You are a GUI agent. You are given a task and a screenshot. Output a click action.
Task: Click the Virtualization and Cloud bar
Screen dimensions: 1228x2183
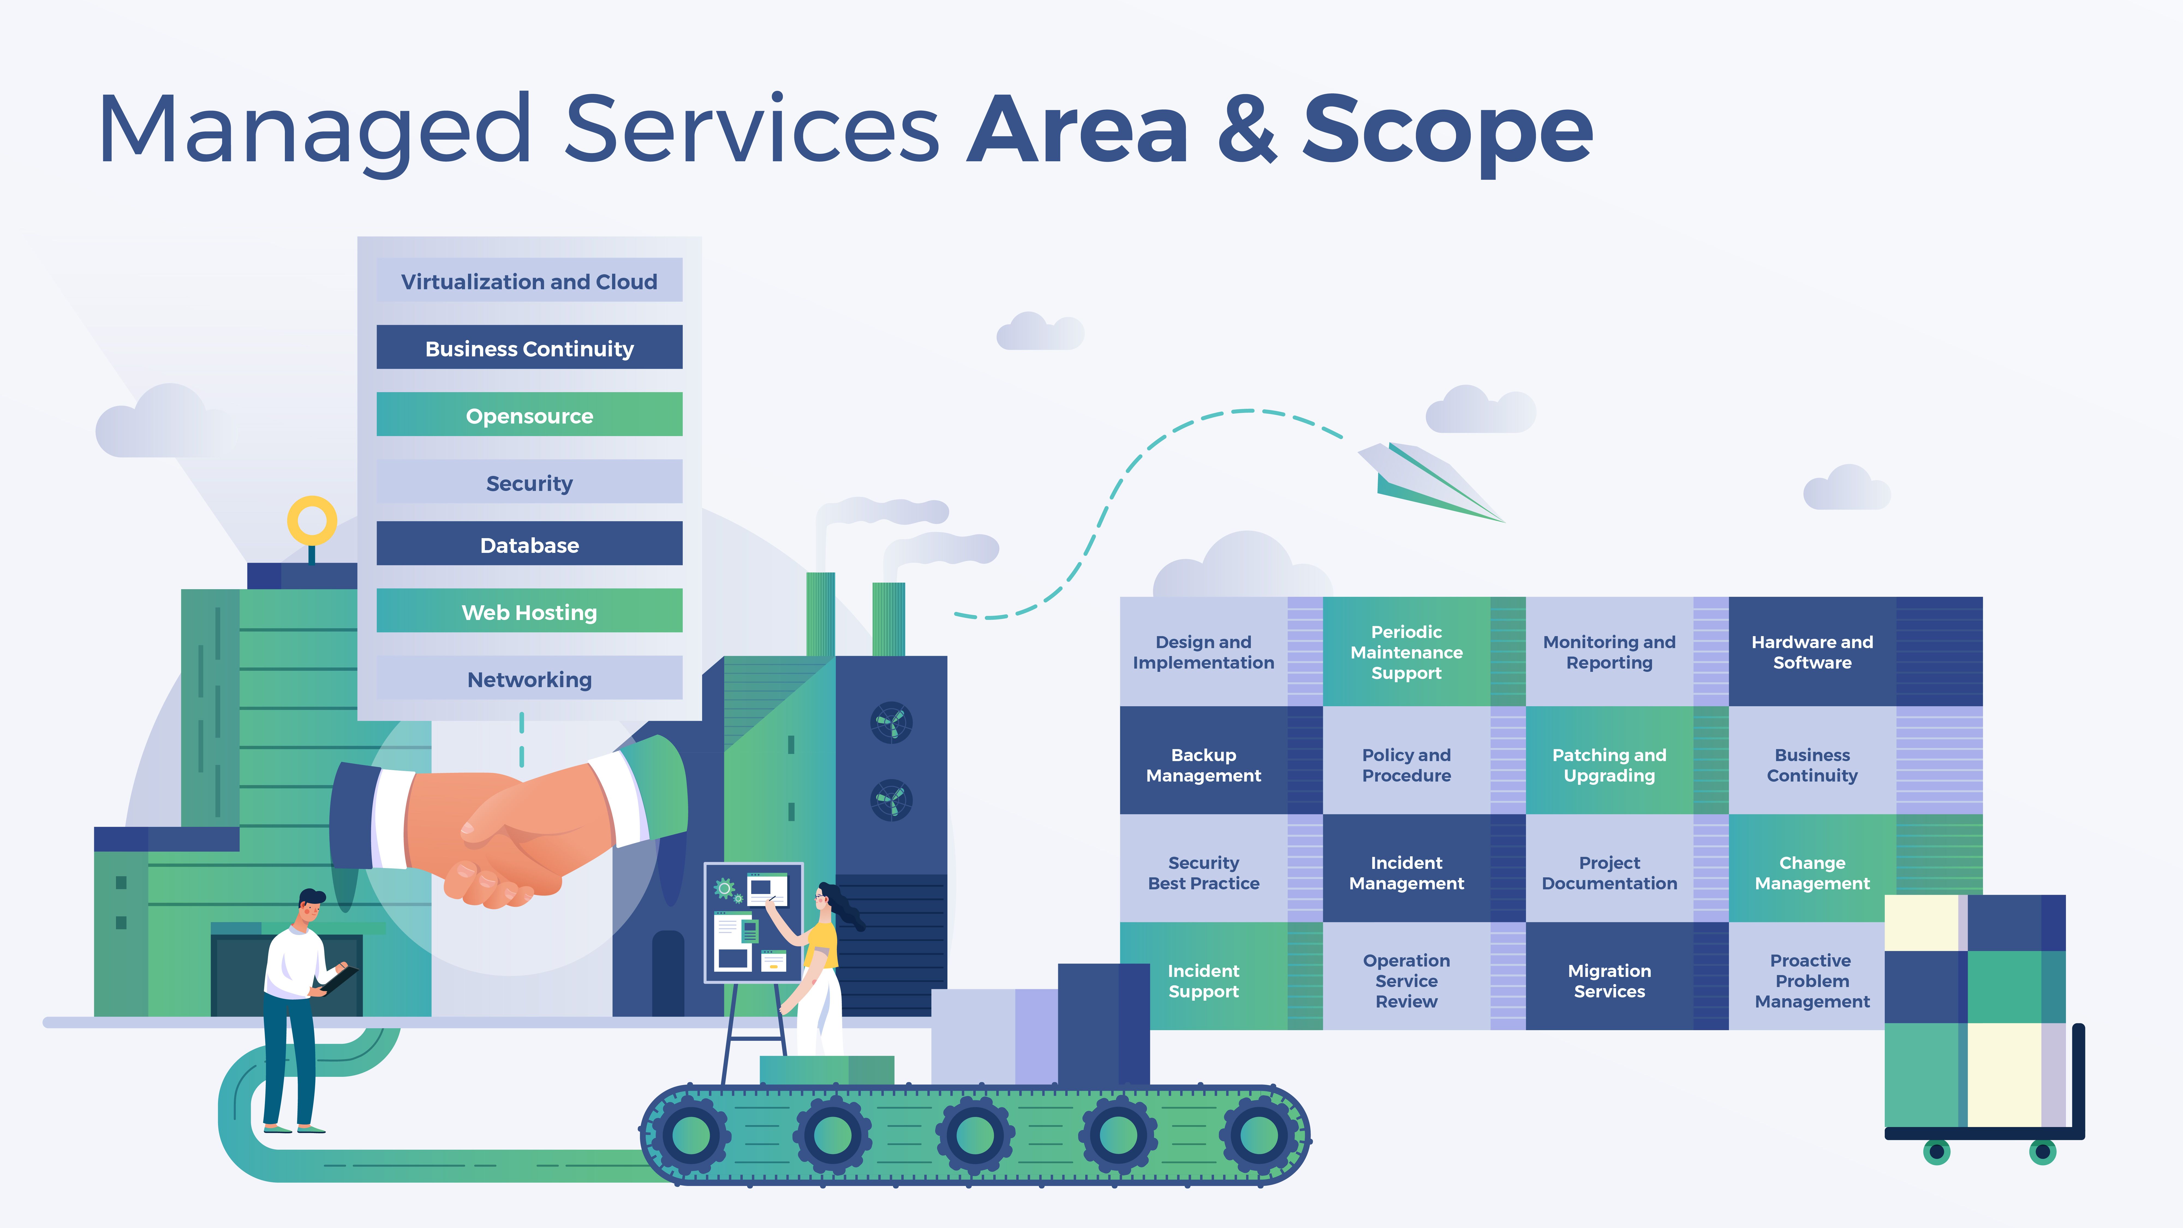(x=529, y=281)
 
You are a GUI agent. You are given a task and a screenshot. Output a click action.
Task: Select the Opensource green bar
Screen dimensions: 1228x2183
(x=529, y=415)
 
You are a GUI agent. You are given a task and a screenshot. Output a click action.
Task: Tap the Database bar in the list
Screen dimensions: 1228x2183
(x=529, y=544)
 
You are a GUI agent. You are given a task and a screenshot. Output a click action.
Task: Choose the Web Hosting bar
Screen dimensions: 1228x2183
(x=529, y=611)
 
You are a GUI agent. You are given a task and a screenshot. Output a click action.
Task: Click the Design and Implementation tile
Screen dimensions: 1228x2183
(x=1203, y=652)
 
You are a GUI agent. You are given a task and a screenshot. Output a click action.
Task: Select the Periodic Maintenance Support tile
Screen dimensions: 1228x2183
(x=1406, y=652)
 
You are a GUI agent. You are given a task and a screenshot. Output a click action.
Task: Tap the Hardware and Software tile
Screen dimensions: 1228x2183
(x=1812, y=652)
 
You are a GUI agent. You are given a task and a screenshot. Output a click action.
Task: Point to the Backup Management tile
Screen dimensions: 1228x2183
(x=1203, y=764)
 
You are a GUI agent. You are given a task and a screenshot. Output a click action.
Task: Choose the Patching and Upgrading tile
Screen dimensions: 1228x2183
(x=1608, y=764)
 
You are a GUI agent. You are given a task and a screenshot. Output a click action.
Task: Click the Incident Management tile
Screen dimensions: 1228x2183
(x=1406, y=872)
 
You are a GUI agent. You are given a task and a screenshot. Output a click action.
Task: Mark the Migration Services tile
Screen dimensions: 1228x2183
(x=1608, y=980)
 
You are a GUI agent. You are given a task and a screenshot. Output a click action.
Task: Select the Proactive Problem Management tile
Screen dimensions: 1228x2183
(x=1812, y=980)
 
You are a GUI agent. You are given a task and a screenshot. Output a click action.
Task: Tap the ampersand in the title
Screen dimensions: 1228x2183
(x=1246, y=131)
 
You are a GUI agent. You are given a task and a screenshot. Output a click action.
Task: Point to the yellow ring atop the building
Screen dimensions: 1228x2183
(x=312, y=520)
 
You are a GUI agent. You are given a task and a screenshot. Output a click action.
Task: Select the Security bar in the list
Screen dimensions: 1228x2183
(x=529, y=482)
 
